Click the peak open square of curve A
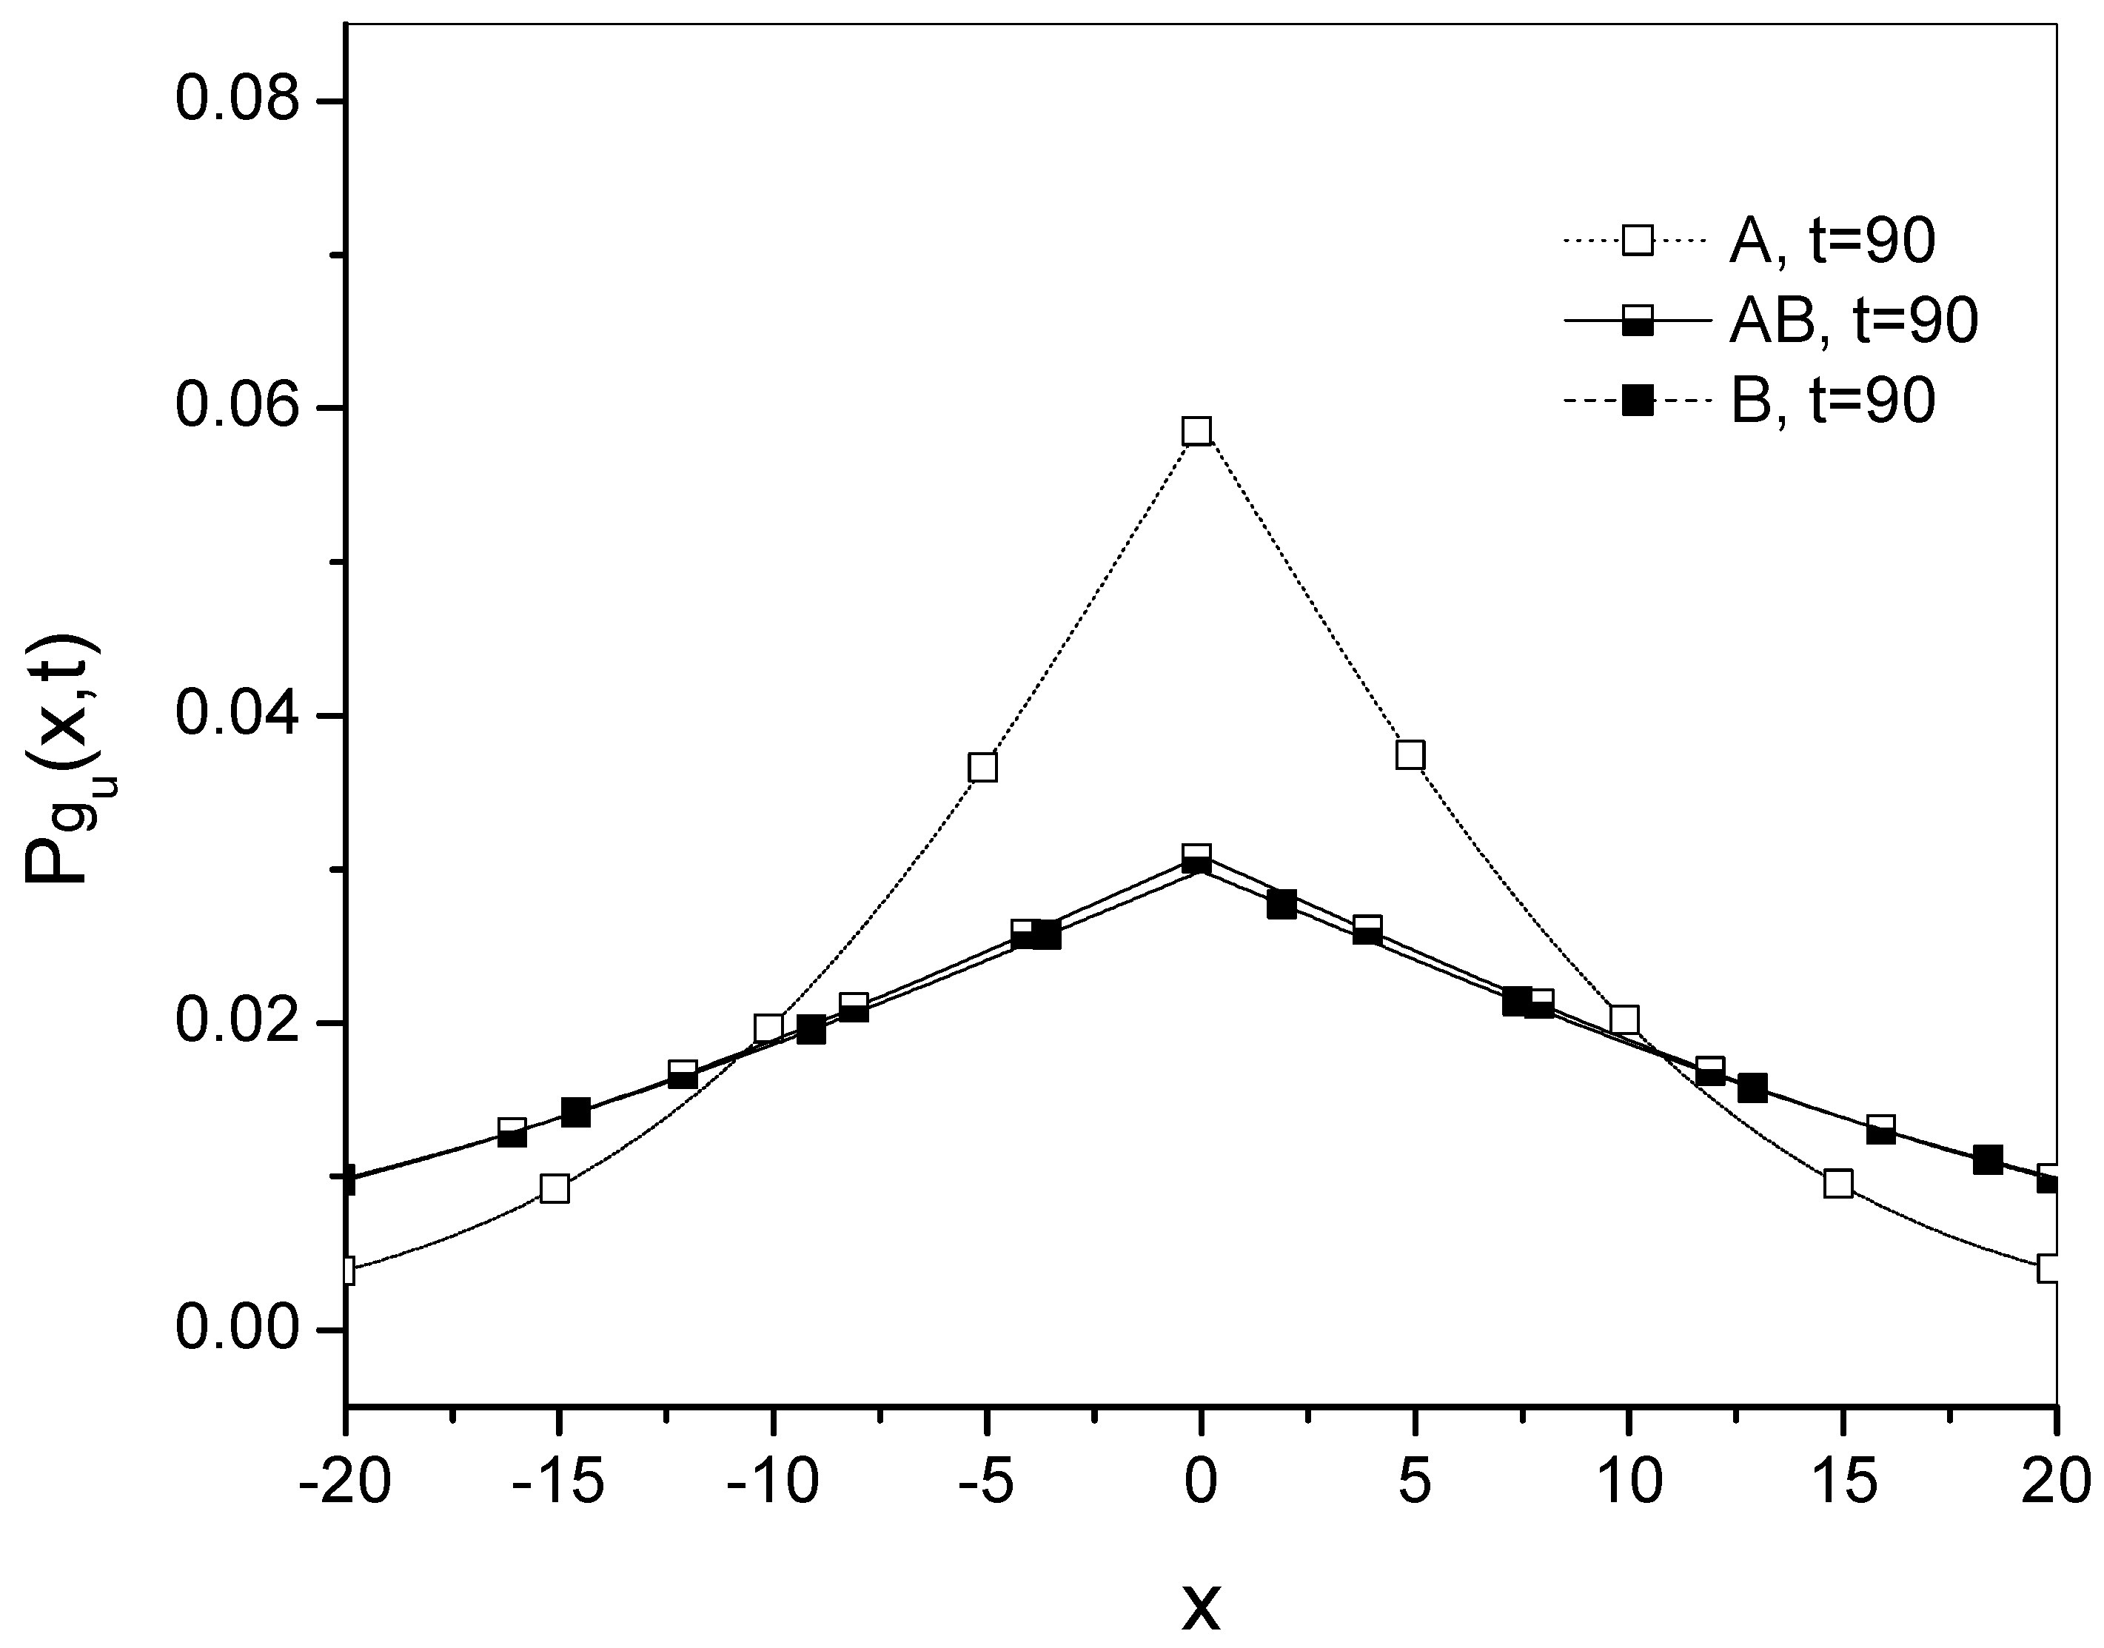pos(1197,430)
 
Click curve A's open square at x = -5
pos(983,767)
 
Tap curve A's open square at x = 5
pos(1410,754)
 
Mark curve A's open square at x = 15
pos(1839,1183)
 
